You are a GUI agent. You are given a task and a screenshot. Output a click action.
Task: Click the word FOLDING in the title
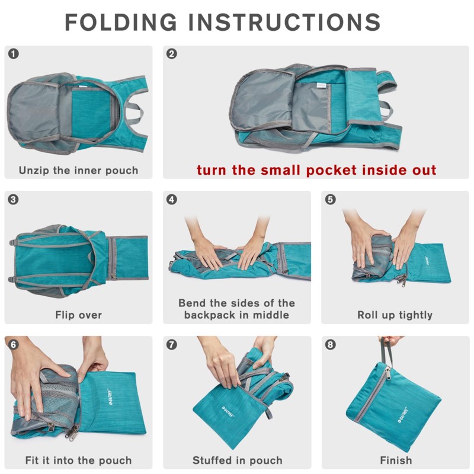pos(121,22)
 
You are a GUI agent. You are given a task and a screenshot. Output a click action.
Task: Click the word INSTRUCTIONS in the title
pos(284,22)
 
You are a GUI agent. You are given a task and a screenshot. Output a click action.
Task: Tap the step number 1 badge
pos(14,54)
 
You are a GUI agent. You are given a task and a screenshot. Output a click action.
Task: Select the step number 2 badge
pos(172,54)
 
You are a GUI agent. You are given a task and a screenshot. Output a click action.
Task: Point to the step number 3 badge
pos(14,199)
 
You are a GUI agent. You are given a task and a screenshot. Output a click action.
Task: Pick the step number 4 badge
pos(172,199)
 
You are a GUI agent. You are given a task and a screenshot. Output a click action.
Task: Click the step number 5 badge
pos(331,199)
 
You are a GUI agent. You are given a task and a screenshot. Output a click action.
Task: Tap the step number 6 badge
pos(14,344)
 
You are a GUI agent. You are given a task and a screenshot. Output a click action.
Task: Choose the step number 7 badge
pos(172,344)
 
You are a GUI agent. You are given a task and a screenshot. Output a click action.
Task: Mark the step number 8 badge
pos(331,344)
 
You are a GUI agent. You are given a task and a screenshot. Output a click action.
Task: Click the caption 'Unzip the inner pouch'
pos(78,171)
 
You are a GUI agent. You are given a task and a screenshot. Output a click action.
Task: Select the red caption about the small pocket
pos(316,171)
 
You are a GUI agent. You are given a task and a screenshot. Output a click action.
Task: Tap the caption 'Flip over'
pos(78,315)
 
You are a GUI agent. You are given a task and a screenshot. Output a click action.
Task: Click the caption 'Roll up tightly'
pos(395,315)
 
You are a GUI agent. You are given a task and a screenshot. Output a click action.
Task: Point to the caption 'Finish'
pos(395,460)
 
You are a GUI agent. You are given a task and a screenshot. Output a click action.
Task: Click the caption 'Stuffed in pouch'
pos(236,460)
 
